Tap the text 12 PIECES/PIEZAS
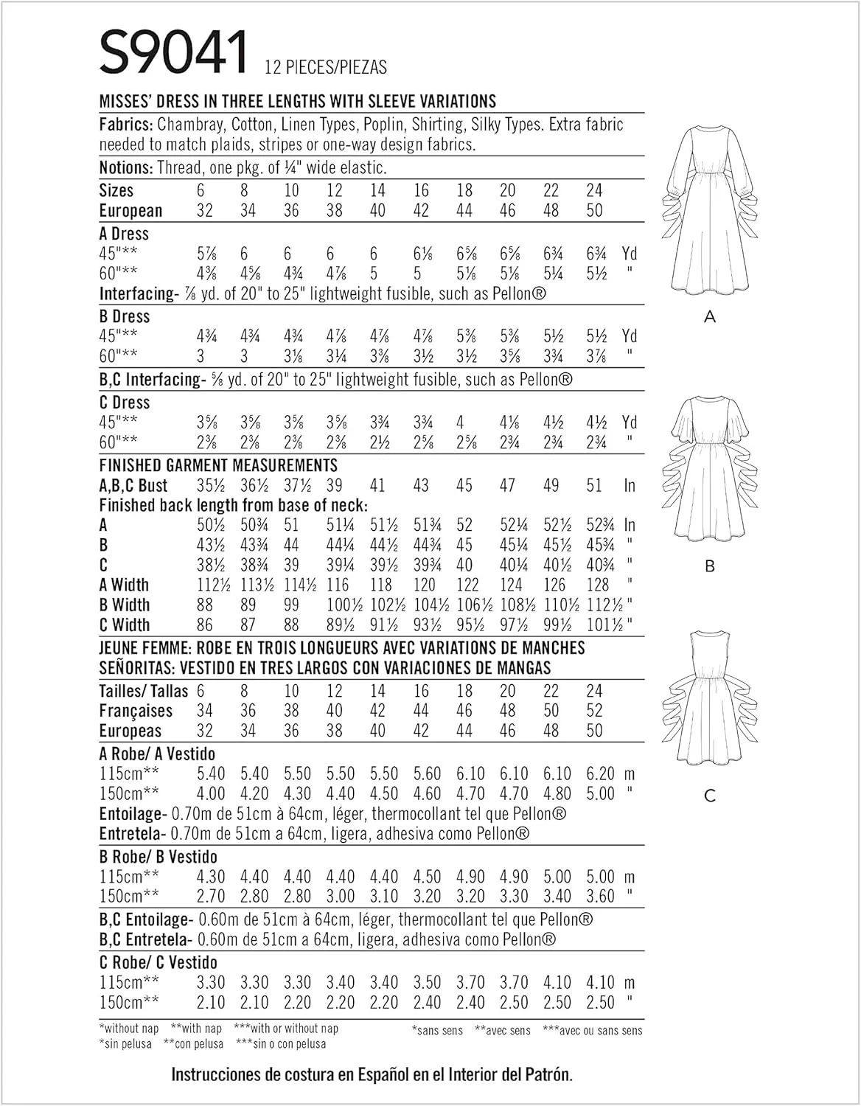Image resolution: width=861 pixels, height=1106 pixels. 324,67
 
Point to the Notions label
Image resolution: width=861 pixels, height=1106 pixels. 125,168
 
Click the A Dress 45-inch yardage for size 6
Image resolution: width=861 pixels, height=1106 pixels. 204,254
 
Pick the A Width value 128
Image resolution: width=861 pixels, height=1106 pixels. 597,585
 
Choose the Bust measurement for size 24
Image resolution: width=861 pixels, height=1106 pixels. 594,485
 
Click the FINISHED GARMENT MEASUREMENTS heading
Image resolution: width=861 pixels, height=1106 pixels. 218,465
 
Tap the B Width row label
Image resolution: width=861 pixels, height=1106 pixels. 125,605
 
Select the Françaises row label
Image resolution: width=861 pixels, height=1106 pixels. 136,711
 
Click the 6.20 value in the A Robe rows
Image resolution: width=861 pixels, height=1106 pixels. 600,774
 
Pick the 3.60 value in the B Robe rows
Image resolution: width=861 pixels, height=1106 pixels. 600,897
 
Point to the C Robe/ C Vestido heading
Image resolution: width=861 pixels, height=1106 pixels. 158,962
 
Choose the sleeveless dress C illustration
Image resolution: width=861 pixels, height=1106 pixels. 709,700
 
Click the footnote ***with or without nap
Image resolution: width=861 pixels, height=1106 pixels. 285,1029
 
